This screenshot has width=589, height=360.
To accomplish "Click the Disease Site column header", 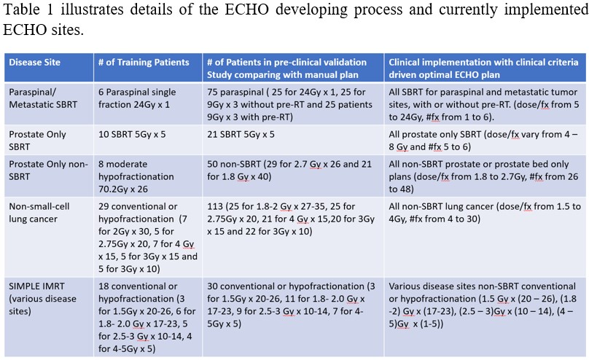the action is (34, 63).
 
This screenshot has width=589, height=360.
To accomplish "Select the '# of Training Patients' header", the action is (144, 63).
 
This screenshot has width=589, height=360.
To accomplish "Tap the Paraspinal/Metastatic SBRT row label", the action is (43, 98).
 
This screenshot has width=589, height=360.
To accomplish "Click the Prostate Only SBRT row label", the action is (38, 141).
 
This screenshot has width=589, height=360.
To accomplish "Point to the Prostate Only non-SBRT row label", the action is (48, 170).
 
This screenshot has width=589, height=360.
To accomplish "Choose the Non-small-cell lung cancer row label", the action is (39, 213).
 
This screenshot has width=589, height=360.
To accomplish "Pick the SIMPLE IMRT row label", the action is (42, 299).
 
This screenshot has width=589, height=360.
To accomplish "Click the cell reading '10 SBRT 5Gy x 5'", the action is (132, 134).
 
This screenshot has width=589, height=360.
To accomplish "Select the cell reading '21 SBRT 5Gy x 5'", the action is (241, 134).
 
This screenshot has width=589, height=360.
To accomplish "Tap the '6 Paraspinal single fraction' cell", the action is (137, 98).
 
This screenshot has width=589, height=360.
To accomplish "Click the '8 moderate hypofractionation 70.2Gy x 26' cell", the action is (136, 176).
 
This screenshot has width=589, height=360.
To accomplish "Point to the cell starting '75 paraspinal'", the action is (289, 104).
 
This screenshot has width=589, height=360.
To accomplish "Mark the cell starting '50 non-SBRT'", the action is (289, 170).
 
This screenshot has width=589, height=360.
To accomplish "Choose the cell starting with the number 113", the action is (291, 219).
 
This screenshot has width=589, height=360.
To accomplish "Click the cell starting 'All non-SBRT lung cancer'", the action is (485, 213).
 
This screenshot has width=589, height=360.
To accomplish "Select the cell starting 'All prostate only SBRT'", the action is (483, 141).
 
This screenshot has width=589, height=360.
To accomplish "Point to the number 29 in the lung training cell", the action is (104, 206).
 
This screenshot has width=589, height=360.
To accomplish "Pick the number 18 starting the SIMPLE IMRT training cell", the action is (104, 286).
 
